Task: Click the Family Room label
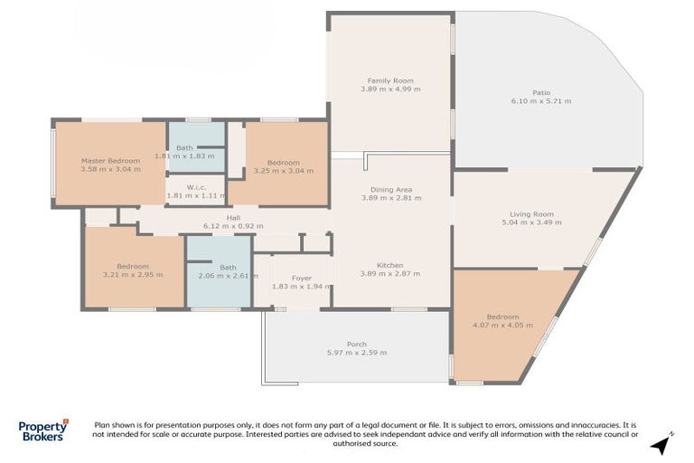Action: [390, 80]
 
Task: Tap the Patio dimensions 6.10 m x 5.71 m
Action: [540, 100]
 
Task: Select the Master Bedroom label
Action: [110, 160]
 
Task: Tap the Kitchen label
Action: [390, 264]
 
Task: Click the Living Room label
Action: [531, 214]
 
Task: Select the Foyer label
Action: [302, 278]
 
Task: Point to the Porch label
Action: [357, 344]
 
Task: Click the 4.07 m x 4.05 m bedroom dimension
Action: [502, 326]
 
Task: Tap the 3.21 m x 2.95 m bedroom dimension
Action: [132, 275]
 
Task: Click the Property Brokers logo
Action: [43, 430]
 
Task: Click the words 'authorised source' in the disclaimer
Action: [364, 444]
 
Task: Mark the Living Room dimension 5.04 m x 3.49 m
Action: [531, 223]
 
